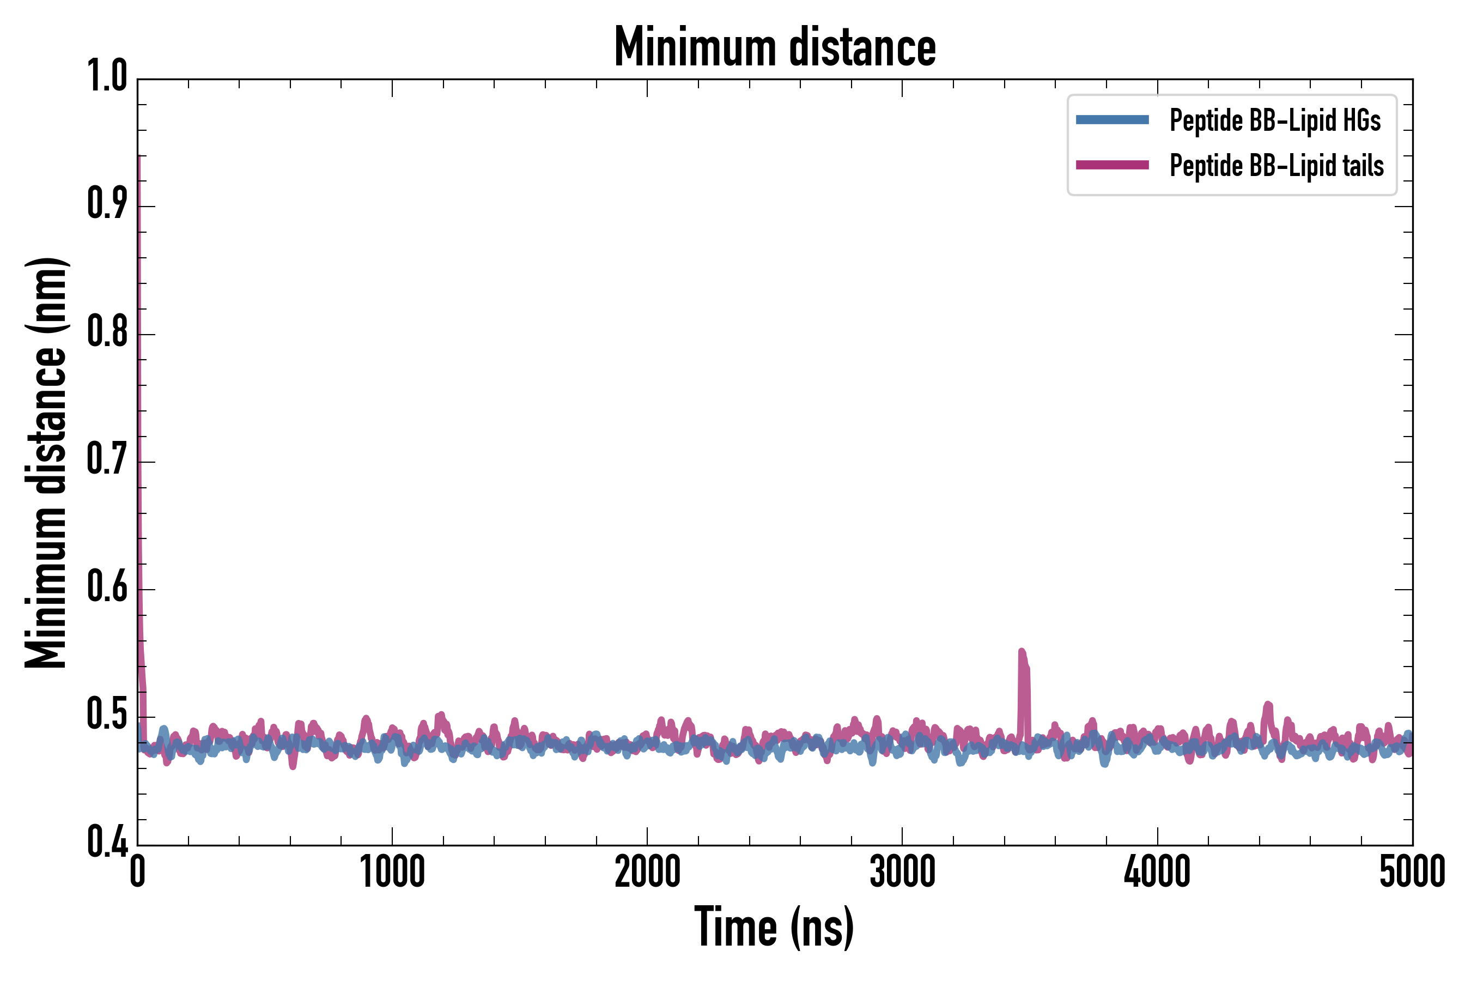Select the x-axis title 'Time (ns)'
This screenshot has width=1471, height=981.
[774, 927]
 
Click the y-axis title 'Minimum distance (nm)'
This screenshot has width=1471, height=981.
[46, 463]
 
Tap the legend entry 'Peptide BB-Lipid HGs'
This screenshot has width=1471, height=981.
[1275, 120]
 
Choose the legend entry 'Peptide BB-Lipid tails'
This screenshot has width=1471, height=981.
[1277, 166]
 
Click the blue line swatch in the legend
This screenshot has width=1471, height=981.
[1112, 120]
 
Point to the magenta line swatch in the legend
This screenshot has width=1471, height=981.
[1112, 165]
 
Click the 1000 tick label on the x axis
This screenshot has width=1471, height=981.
[392, 872]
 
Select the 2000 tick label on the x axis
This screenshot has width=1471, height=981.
[647, 872]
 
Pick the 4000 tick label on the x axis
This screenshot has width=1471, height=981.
[1157, 872]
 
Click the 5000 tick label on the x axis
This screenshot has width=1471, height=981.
[1412, 872]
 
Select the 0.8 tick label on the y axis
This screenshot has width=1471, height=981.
[107, 333]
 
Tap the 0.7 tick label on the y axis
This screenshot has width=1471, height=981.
[107, 461]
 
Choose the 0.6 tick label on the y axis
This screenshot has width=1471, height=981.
[107, 588]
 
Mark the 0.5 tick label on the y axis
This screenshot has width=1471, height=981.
[107, 716]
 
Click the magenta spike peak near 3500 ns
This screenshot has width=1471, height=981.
[1022, 652]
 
